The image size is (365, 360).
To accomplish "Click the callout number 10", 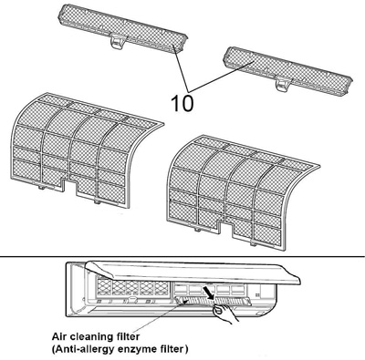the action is [x=182, y=103].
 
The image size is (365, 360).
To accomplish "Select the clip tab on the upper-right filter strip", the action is [x=283, y=84].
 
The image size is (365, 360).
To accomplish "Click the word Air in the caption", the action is [x=59, y=336].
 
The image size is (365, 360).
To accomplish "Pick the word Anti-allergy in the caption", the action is [x=79, y=350].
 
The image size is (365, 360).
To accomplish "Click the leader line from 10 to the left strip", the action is [x=181, y=67].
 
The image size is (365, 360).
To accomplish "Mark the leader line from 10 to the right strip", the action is [x=222, y=76].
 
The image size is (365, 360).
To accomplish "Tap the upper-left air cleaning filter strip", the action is [x=122, y=29].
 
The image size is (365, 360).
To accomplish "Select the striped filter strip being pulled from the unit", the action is [x=213, y=301].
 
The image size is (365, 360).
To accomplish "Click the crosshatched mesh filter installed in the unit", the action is [x=132, y=287].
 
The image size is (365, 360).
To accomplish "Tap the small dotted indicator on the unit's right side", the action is [x=257, y=294].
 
